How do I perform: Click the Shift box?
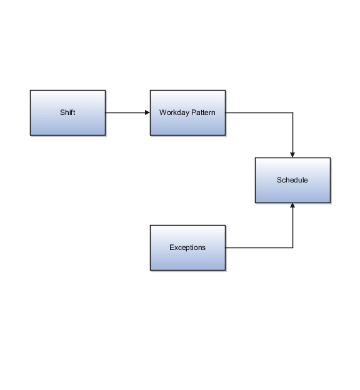pyautogui.click(x=67, y=112)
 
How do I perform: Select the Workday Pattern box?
pyautogui.click(x=187, y=112)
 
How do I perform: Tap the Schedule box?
pyautogui.click(x=292, y=180)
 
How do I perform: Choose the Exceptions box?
pyautogui.click(x=187, y=247)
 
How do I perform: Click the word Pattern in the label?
pyautogui.click(x=203, y=112)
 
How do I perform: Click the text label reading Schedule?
pyautogui.click(x=292, y=180)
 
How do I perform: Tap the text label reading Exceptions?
pyautogui.click(x=187, y=247)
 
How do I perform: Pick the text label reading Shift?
pyautogui.click(x=67, y=112)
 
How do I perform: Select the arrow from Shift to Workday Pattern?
pyautogui.click(x=127, y=112)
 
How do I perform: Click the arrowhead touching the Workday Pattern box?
pyautogui.click(x=147, y=112)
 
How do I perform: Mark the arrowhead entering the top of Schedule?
pyautogui.click(x=292, y=154)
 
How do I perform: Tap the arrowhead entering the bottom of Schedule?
pyautogui.click(x=292, y=206)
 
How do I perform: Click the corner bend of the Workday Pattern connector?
pyautogui.click(x=292, y=112)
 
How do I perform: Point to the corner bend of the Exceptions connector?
pyautogui.click(x=292, y=247)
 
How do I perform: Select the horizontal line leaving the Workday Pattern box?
pyautogui.click(x=259, y=112)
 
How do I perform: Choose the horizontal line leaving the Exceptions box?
pyautogui.click(x=259, y=247)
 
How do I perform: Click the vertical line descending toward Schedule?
pyautogui.click(x=292, y=132)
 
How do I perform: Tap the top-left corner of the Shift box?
pyautogui.click(x=31, y=91)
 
